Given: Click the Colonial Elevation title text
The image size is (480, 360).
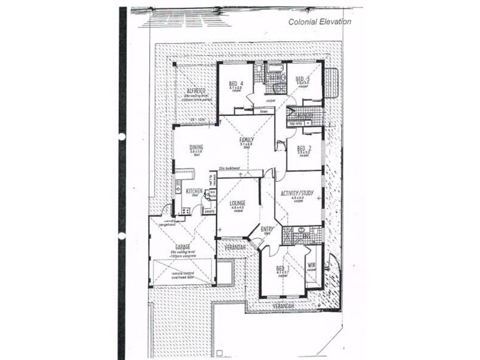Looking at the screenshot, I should [319, 22].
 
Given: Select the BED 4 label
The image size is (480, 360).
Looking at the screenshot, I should [236, 83].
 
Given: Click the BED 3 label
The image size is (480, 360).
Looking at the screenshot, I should [302, 79].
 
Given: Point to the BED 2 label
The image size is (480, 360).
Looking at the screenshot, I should [304, 148].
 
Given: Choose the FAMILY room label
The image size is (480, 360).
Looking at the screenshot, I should [247, 140].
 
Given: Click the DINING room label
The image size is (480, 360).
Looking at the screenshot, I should [196, 147].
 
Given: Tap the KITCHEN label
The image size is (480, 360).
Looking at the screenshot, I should [194, 191].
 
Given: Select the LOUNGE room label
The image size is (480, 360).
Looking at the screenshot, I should [238, 203].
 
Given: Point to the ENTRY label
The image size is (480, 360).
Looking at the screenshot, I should [268, 229].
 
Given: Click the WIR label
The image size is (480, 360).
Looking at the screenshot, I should [311, 265].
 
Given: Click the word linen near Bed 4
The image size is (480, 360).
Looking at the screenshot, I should [263, 112].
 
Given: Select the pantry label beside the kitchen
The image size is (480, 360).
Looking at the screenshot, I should [209, 211].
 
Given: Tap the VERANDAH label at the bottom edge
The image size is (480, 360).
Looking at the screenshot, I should [284, 305].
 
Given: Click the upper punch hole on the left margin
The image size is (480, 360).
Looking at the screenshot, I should [122, 137].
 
